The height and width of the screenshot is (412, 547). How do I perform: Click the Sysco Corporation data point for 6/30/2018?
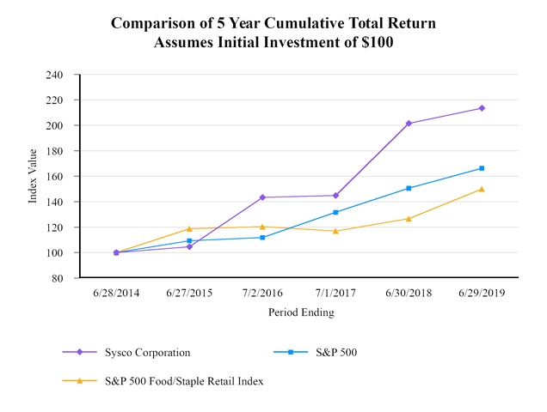click(x=409, y=124)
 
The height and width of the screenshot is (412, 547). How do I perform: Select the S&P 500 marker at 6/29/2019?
click(x=482, y=168)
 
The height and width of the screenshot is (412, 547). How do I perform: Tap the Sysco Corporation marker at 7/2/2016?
click(x=262, y=197)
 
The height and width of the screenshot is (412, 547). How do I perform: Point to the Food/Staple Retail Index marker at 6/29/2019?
click(x=482, y=189)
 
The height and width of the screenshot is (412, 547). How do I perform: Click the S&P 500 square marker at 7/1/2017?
click(x=335, y=212)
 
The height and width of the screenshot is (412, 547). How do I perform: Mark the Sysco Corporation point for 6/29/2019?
click(x=482, y=108)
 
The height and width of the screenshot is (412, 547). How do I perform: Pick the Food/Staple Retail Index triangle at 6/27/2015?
click(x=189, y=229)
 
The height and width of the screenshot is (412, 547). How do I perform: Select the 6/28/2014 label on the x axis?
click(x=116, y=293)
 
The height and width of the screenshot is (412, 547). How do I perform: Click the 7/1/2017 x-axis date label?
click(x=335, y=293)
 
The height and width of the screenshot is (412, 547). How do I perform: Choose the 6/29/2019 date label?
click(x=482, y=293)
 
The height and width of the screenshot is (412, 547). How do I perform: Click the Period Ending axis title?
click(x=299, y=313)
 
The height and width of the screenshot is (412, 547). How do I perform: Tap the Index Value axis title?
click(x=33, y=177)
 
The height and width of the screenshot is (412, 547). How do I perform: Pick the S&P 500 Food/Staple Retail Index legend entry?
click(x=184, y=381)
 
